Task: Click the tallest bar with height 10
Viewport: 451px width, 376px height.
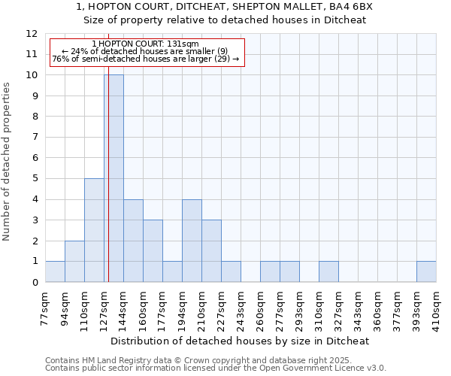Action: coord(114,178)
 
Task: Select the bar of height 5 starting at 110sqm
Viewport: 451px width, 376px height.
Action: coord(94,230)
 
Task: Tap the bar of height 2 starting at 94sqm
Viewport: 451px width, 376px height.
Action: coord(74,261)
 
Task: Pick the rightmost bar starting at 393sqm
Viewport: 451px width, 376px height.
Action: coord(426,271)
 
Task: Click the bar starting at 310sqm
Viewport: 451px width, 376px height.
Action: coord(328,271)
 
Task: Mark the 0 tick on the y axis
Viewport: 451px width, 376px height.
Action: coord(35,283)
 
